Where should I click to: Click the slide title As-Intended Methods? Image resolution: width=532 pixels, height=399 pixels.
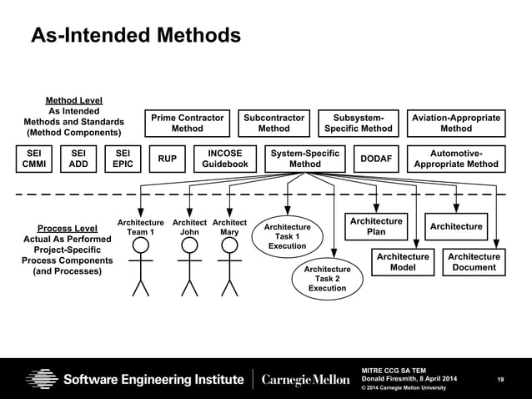coord(135,35)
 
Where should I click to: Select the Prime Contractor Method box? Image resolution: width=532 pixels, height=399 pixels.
coord(187,124)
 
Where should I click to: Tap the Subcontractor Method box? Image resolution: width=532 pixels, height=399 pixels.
coord(274,124)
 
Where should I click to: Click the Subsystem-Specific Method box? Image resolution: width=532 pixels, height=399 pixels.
coord(358,124)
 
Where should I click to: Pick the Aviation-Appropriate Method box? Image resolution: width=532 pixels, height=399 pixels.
coord(455,124)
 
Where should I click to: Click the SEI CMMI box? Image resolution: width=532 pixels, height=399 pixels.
coord(33,159)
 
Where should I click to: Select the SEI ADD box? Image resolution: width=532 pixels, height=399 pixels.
coord(78,159)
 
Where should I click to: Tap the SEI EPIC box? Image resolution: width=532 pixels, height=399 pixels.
coord(123,159)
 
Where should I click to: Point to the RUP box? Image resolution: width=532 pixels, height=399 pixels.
coord(167,159)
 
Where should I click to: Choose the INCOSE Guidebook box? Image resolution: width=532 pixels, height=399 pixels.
coord(225,159)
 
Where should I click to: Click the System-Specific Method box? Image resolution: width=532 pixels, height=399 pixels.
coord(304,159)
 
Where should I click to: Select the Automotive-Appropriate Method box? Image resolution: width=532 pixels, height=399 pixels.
coord(455,159)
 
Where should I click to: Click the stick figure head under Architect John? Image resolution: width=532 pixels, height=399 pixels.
coord(189,244)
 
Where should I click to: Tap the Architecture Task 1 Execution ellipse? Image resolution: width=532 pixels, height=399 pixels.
coord(287,236)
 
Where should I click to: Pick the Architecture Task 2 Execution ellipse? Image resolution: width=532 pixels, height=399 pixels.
coord(327,279)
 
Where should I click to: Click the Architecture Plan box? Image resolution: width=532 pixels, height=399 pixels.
coord(376,226)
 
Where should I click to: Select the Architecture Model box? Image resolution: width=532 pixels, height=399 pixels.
coord(403,262)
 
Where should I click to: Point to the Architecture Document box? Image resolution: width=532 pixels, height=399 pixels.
coord(473,262)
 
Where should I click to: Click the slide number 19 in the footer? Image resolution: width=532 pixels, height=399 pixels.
coord(500,380)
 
